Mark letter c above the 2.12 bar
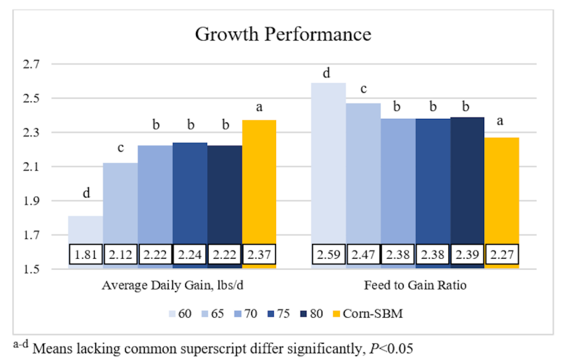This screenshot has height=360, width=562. tap(121, 148)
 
